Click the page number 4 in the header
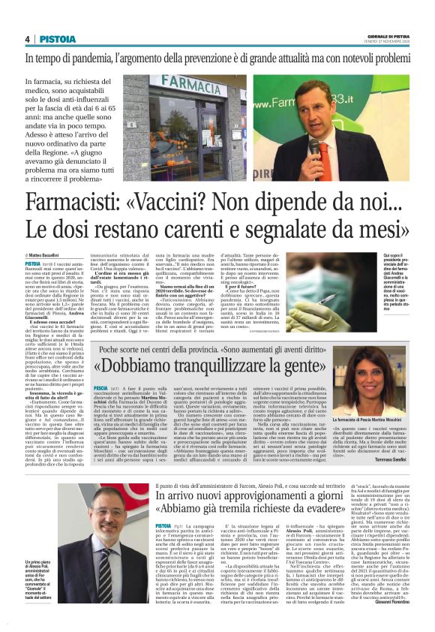point(27,39)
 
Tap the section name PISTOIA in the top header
point(56,39)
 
